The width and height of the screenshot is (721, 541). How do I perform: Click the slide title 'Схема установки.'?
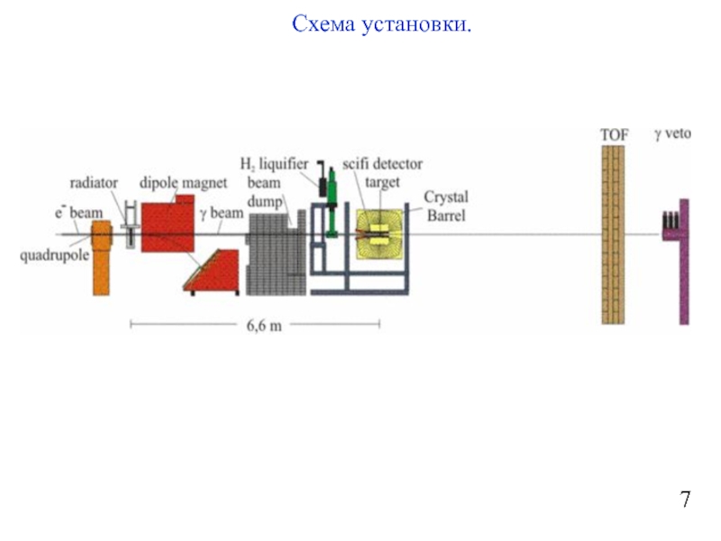[x=382, y=24]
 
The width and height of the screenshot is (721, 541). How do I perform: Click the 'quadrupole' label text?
[x=53, y=254]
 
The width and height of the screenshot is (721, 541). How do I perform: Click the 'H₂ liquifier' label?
[x=274, y=164]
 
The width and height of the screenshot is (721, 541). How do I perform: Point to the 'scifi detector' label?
[x=382, y=165]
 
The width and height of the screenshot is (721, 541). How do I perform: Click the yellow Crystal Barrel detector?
[x=381, y=236]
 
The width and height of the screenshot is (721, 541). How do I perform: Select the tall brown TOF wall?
[x=614, y=234]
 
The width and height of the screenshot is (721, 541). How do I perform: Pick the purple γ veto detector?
[x=683, y=261]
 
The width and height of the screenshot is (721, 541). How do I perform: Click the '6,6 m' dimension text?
[x=264, y=326]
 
